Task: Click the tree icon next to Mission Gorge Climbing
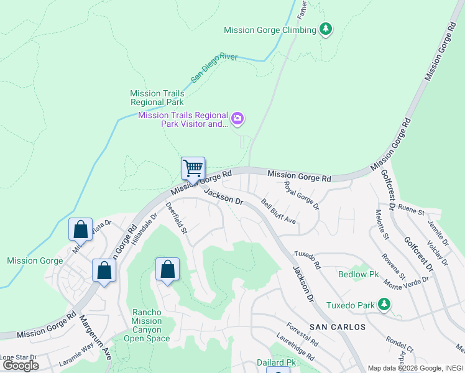[x=325, y=29]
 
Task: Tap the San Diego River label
[x=214, y=68]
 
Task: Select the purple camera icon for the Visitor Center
[x=237, y=119]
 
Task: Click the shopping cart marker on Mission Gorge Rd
[x=193, y=168]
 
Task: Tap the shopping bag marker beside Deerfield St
[x=167, y=270]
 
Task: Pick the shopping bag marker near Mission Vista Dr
[x=81, y=229]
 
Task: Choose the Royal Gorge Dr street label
[x=302, y=195]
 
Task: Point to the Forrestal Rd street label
[x=302, y=334]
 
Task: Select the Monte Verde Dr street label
[x=407, y=280]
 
